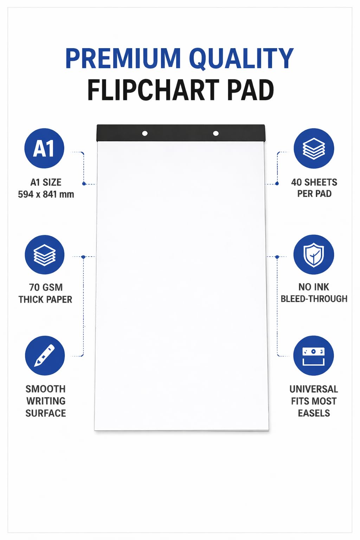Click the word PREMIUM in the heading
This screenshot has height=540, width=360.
tap(123, 59)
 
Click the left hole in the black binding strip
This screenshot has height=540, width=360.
tap(145, 133)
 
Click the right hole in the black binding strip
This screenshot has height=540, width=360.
tap(216, 133)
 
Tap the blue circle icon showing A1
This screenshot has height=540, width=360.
tap(44, 148)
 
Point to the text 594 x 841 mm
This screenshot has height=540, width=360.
tap(46, 194)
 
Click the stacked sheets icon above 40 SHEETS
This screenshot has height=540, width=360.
tap(314, 148)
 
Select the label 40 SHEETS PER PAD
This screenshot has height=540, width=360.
tap(314, 188)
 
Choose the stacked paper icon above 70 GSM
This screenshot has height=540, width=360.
tap(45, 255)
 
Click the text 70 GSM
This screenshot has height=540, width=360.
tap(46, 287)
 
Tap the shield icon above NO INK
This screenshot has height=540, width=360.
tap(314, 255)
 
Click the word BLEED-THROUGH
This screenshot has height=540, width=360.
tap(314, 299)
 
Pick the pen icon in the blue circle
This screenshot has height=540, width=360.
tap(45, 355)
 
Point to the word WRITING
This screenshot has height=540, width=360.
tap(46, 401)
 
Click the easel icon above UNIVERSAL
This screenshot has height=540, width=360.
tap(314, 355)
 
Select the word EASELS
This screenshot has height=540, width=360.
tap(314, 413)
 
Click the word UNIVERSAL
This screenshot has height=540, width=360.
tap(314, 389)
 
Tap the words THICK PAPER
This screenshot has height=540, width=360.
tap(45, 300)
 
